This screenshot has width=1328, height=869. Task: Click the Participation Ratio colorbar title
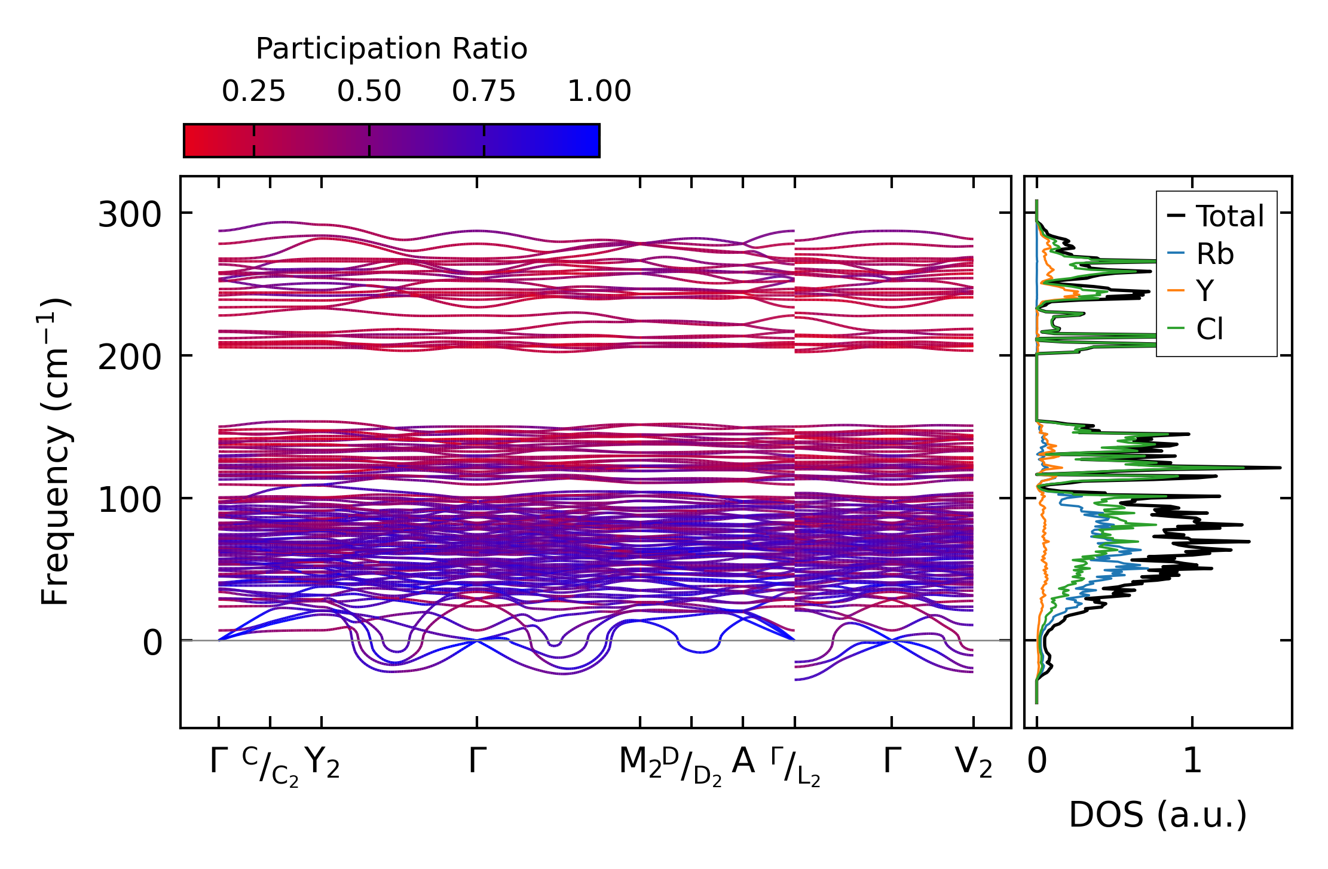tap(391, 49)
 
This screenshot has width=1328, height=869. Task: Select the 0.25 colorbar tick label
tap(253, 91)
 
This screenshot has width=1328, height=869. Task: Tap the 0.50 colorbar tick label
tap(369, 91)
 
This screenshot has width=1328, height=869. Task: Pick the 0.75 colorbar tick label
tap(484, 91)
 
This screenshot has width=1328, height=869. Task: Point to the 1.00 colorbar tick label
tap(599, 91)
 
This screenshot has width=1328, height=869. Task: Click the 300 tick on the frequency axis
tap(130, 214)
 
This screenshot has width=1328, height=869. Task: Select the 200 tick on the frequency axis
tap(130, 358)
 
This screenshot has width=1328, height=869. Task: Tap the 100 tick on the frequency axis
tap(130, 500)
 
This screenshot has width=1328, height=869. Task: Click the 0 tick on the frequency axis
tap(152, 643)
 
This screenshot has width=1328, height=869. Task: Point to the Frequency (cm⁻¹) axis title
tap(55, 452)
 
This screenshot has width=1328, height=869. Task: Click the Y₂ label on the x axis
tap(322, 762)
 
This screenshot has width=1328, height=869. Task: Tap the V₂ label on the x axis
tap(973, 762)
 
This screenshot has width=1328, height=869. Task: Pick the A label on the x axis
tap(743, 761)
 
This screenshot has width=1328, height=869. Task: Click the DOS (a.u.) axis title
tap(1158, 815)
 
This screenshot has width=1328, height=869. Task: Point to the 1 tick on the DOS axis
tap(1192, 761)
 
